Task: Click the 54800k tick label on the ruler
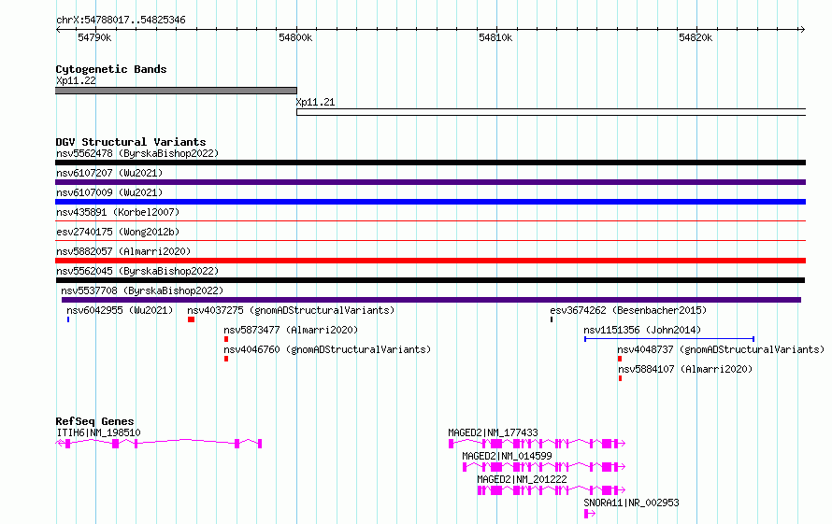[x=295, y=37]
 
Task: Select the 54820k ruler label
[x=696, y=37]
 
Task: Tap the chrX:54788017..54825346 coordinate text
[x=121, y=21]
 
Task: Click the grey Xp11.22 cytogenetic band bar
[x=176, y=91]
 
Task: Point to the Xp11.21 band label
[x=315, y=102]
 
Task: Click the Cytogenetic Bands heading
[x=111, y=69]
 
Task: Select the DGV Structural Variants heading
[x=131, y=142]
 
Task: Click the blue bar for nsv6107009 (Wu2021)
[x=430, y=202]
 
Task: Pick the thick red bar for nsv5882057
[x=430, y=261]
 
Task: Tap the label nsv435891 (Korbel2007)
[x=118, y=212]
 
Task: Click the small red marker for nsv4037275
[x=191, y=319]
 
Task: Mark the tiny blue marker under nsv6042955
[x=68, y=319]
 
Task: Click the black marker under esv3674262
[x=552, y=319]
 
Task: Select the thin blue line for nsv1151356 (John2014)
[x=669, y=339]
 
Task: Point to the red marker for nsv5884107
[x=621, y=378]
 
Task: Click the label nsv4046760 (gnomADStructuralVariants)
[x=327, y=349]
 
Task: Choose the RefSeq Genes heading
[x=94, y=421]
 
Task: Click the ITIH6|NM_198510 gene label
[x=99, y=432]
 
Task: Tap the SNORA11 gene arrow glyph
[x=590, y=514]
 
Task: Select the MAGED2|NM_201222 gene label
[x=522, y=479]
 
